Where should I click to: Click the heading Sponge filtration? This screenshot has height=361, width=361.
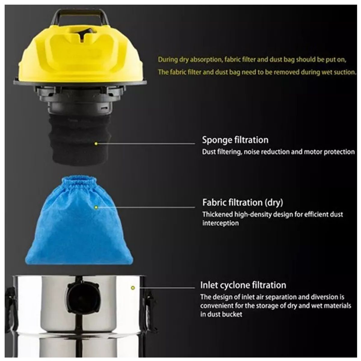point(235,140)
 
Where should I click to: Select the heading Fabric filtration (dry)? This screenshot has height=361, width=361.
point(242,202)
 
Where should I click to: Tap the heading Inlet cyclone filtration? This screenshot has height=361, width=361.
point(243,285)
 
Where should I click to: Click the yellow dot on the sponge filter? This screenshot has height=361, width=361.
point(96,144)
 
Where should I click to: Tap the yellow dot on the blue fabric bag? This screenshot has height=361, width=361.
point(96,207)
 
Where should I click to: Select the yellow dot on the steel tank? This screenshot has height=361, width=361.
point(133,288)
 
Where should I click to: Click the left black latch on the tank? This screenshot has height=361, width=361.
point(11,301)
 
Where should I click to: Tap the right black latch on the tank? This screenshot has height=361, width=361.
point(149,301)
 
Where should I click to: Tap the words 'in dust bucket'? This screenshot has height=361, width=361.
point(221,314)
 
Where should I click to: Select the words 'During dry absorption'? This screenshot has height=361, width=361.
point(189,60)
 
